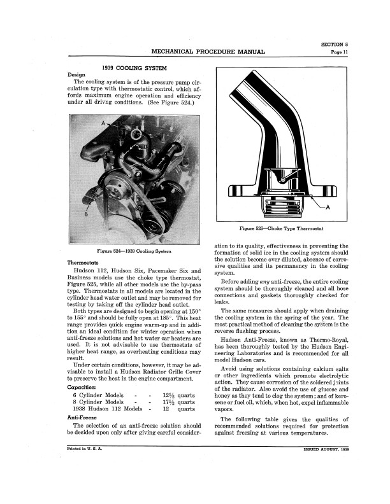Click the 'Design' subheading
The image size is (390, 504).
pyautogui.click(x=76, y=74)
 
